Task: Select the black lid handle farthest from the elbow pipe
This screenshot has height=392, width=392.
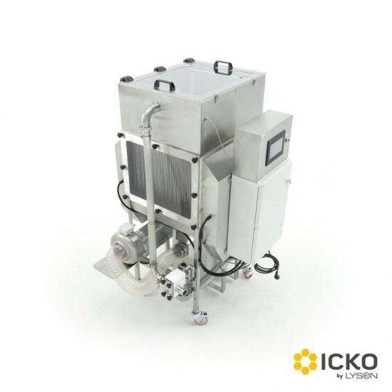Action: point(223,66)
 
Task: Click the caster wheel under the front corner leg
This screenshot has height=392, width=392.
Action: point(200,316)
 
